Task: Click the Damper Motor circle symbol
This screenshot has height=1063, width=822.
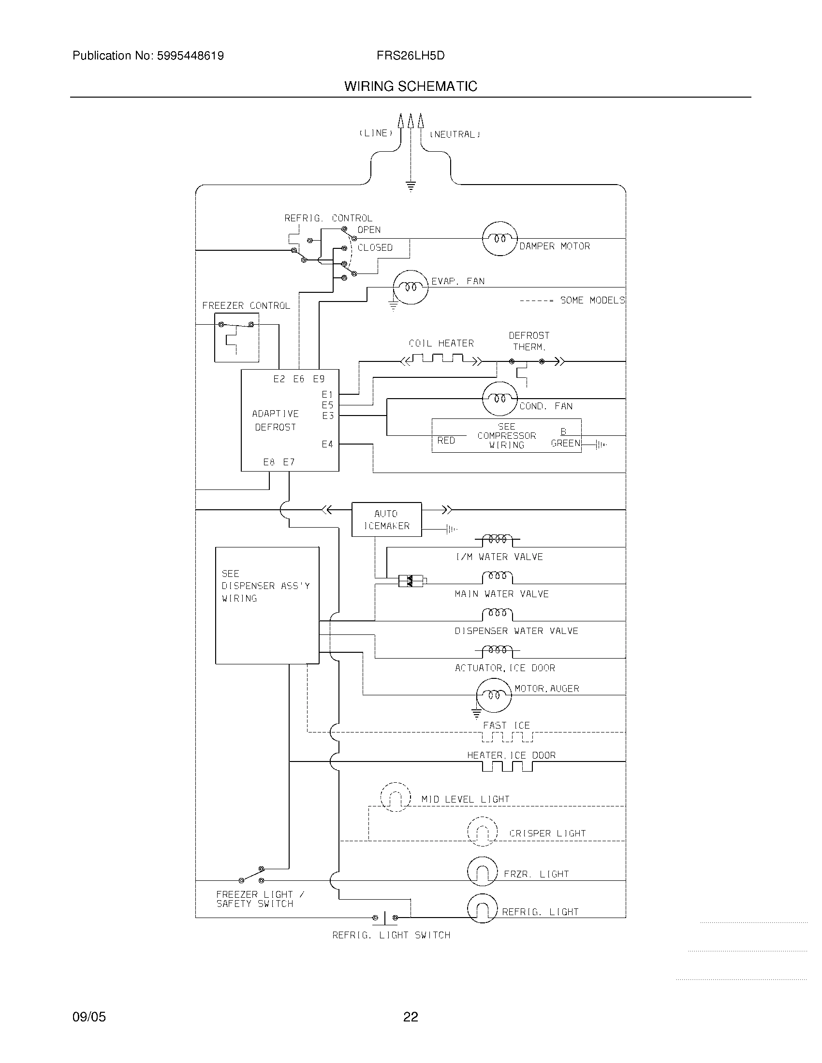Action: [x=499, y=239]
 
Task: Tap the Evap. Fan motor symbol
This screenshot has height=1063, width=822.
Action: [x=411, y=287]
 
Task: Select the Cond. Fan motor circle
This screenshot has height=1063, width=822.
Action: [x=499, y=399]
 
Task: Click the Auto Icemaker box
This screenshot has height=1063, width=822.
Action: [x=387, y=519]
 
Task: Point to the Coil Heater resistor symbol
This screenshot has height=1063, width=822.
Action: [x=440, y=360]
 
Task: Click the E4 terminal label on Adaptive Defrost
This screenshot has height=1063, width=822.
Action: [x=327, y=444]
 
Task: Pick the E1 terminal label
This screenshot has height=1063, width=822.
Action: [x=327, y=395]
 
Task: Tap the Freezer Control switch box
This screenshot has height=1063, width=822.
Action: [x=236, y=337]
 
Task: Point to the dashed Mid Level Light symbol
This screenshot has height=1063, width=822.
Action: [x=395, y=797]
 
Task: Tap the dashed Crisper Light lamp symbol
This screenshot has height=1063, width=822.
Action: [x=482, y=832]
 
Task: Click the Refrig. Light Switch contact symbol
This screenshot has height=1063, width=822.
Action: [x=385, y=918]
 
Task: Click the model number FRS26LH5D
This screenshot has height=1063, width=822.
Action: [x=411, y=56]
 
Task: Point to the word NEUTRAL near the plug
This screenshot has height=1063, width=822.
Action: [x=455, y=134]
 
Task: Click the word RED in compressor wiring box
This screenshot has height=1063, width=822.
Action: [x=446, y=440]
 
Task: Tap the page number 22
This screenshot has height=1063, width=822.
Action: [x=411, y=1017]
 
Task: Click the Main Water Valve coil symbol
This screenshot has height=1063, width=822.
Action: [x=497, y=577]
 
